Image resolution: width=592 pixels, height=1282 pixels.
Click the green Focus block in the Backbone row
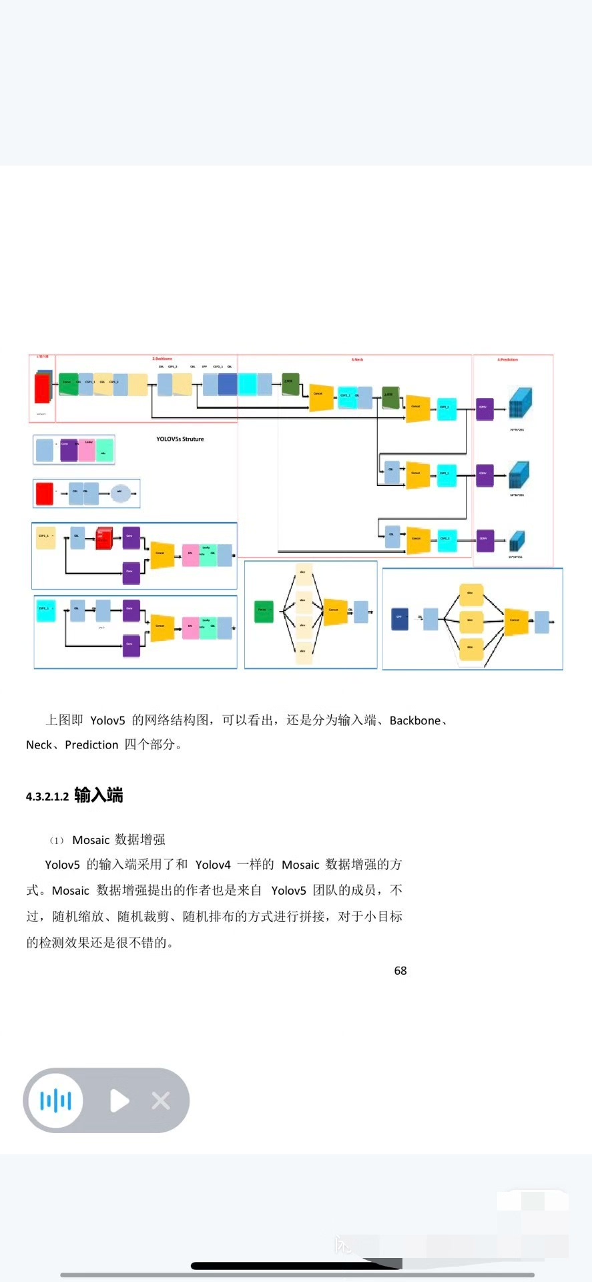coord(68,384)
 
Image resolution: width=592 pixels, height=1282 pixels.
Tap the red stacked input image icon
coord(43,388)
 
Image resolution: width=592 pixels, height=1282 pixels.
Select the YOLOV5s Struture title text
coord(180,439)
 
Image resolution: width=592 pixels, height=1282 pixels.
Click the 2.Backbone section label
coord(162,359)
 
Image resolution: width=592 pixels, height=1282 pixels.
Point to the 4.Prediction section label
coord(507,360)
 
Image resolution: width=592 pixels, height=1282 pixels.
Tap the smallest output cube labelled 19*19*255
coord(517,541)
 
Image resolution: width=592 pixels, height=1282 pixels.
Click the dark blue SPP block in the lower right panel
coord(399,619)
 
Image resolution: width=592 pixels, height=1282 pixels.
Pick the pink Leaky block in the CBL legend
coord(87,451)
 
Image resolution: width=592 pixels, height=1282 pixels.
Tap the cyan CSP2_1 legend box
coord(45,611)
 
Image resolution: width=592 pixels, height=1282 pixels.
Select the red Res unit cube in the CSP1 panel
coord(103,538)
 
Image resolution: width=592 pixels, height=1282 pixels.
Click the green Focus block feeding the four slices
coord(264,611)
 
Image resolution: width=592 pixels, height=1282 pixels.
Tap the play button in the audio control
coord(119,1100)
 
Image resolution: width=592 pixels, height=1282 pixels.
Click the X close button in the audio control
coord(161,1100)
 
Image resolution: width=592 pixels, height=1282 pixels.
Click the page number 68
coord(400,971)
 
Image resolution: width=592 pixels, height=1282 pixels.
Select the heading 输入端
coord(99,795)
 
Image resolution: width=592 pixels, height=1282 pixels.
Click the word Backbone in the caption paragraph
coord(415,720)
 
